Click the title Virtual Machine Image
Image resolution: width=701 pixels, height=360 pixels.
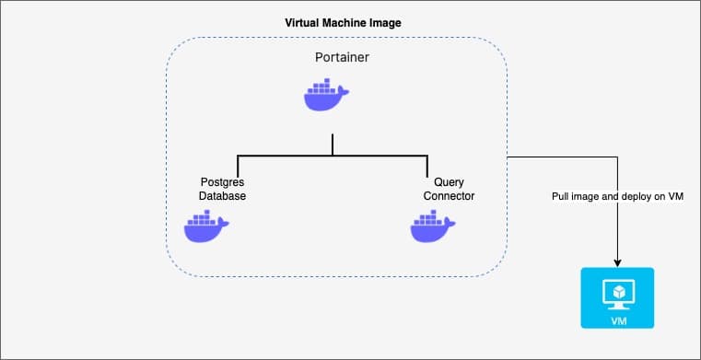(343, 23)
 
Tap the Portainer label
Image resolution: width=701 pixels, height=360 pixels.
(342, 58)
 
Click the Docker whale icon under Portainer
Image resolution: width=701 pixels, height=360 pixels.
(326, 94)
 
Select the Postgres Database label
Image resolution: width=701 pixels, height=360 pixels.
(222, 189)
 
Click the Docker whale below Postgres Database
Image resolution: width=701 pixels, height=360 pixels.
(206, 226)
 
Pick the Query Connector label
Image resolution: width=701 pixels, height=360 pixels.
(449, 189)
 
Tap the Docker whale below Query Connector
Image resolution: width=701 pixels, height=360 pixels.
(433, 226)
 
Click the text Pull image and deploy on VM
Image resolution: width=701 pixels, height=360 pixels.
(617, 196)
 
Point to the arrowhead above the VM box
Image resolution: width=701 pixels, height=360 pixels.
(617, 263)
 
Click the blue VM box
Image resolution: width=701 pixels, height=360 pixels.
(617, 298)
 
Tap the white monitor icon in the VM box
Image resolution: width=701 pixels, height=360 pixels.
(617, 294)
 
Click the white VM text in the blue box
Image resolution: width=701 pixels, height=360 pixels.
(618, 321)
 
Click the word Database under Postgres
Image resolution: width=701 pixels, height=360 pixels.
(222, 196)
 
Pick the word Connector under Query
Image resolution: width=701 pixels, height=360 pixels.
(449, 196)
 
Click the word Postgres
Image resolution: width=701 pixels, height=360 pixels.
(222, 182)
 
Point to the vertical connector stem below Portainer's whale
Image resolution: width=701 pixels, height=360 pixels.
(333, 145)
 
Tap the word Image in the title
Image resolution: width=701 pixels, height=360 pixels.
(389, 23)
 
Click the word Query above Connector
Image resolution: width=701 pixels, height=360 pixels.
(449, 182)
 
